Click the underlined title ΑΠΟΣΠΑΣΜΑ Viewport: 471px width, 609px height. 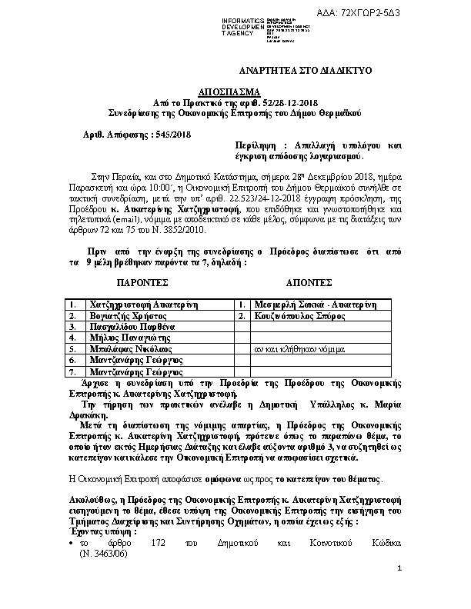(234, 91)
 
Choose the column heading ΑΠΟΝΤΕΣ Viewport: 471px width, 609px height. (309, 282)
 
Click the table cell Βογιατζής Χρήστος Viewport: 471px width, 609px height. (129, 315)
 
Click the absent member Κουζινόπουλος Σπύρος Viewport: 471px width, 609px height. (304, 315)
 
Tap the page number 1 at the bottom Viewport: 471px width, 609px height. (400, 590)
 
